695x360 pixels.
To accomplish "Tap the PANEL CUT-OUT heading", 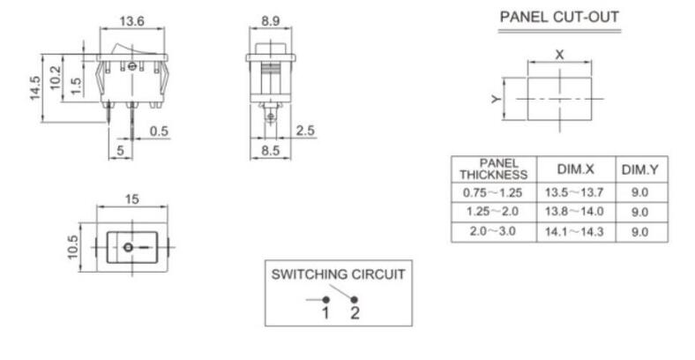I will pos(559,17).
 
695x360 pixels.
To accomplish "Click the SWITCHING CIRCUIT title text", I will pos(338,274).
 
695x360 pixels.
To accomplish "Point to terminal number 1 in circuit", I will pos(325,313).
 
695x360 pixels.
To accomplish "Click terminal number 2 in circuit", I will pos(354,313).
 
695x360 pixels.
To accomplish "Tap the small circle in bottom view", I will pos(129,248).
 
